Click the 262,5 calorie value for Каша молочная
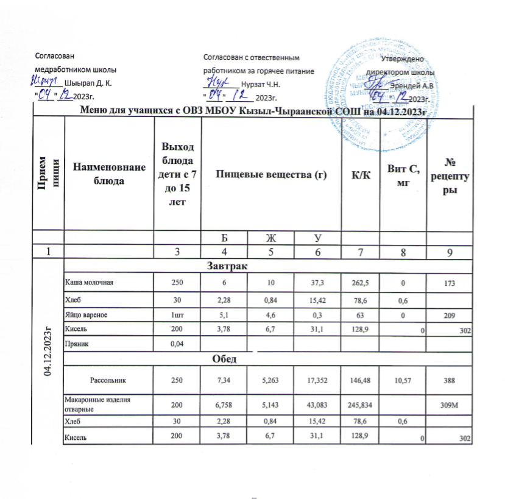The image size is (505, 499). (x=355, y=283)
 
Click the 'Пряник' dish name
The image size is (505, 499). (x=78, y=344)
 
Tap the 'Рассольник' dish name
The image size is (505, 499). (x=108, y=380)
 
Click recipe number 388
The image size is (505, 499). (x=451, y=380)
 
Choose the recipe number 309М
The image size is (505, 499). (x=451, y=404)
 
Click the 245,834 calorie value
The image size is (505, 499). (x=355, y=404)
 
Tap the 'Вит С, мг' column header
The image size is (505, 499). (x=403, y=175)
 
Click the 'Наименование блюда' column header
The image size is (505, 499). (x=108, y=175)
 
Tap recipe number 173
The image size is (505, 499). (x=451, y=283)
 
